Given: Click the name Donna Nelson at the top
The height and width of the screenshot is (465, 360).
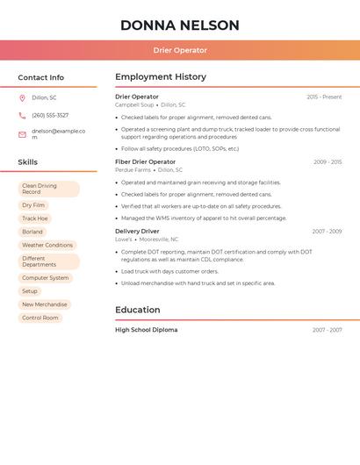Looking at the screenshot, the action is tap(180, 25).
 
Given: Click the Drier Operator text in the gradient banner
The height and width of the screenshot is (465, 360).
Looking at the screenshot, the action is tap(180, 51).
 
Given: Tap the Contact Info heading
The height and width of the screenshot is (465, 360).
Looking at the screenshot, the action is tap(41, 77).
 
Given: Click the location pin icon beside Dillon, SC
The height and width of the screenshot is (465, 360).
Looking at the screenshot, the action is tap(22, 97).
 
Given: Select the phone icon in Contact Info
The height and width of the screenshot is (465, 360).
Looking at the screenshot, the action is tap(22, 115).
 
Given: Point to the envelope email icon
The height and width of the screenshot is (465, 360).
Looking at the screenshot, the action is tap(22, 134).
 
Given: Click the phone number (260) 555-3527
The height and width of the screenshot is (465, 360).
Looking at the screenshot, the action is tap(50, 115).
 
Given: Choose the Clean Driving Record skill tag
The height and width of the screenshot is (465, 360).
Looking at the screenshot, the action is tap(48, 189).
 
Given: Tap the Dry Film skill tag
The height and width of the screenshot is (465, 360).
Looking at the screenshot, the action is tap(33, 205).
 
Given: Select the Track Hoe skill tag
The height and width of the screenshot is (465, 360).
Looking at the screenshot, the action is tap(35, 218).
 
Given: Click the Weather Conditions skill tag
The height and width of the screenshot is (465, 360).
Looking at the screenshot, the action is tap(47, 246).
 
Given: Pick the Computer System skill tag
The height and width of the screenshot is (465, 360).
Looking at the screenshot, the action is tap(46, 278).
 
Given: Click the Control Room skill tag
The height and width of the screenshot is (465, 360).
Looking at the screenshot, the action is tap(40, 318).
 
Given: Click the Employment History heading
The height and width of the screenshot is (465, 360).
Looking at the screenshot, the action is tap(161, 77).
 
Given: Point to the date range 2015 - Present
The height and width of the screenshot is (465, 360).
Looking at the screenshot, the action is tap(324, 97).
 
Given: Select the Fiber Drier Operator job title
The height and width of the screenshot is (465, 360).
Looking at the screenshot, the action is tap(146, 162).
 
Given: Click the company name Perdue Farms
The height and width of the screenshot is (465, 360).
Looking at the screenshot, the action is tap(133, 170).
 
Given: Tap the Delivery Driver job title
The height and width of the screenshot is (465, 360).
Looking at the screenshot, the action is tap(137, 232).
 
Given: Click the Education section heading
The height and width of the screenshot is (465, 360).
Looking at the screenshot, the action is tap(138, 310).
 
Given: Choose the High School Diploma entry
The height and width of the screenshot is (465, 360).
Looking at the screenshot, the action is tap(147, 330).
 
